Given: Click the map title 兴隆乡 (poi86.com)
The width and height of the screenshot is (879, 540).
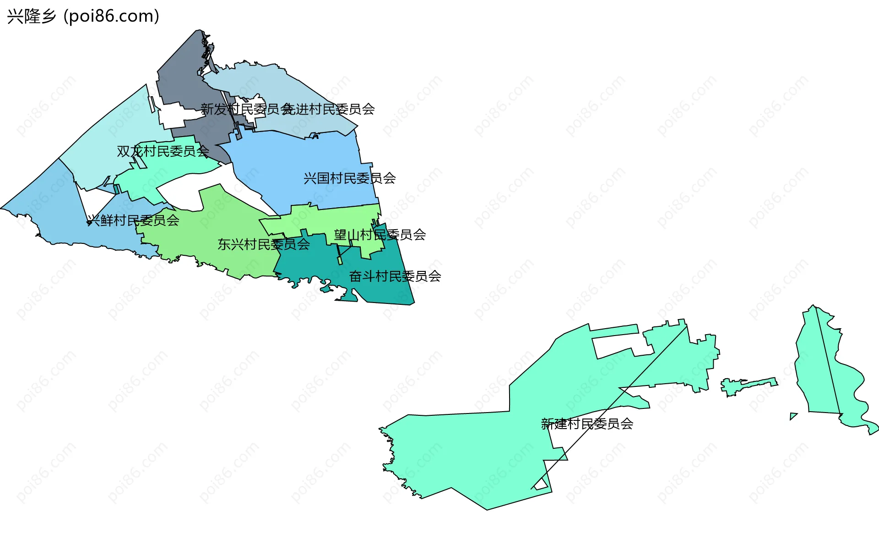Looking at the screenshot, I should click(83, 17).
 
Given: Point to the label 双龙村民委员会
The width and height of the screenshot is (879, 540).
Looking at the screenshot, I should click(163, 151).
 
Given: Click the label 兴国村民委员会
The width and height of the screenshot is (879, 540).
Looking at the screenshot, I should click(349, 178).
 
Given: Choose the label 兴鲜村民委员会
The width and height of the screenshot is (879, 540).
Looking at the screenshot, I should click(133, 220).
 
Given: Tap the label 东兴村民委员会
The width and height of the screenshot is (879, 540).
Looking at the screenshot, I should click(263, 244).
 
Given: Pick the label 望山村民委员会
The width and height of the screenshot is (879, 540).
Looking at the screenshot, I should click(380, 235).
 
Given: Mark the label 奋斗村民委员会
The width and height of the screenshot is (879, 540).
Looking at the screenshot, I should click(395, 276).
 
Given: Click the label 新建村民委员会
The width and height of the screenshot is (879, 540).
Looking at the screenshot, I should click(587, 424).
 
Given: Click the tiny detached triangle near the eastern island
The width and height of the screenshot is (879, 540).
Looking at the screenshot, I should click(792, 416).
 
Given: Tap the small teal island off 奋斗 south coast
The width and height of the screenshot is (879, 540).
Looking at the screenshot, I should click(326, 289).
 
